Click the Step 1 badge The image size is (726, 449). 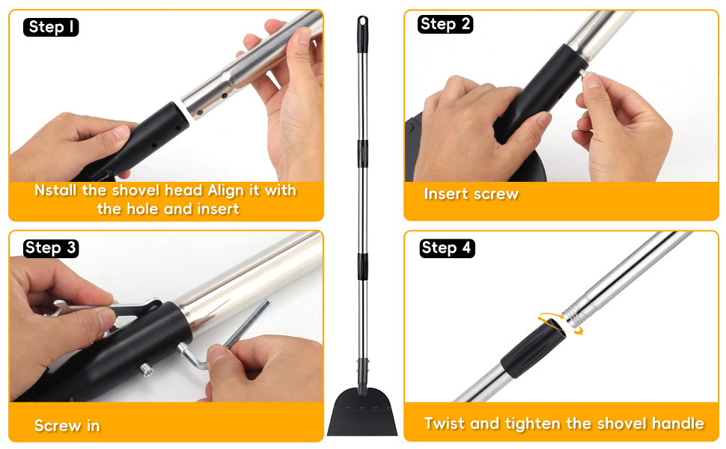click(x=51, y=27)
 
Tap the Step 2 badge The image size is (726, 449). click(x=445, y=24)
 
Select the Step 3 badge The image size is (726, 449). click(x=51, y=248)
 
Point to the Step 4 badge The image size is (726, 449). click(x=447, y=248)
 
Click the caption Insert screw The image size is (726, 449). click(x=471, y=194)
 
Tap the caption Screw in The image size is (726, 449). click(x=67, y=425)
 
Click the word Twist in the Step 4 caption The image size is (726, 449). click(x=445, y=424)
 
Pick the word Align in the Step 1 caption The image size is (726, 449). click(x=225, y=191)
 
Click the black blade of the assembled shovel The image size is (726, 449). click(x=362, y=412)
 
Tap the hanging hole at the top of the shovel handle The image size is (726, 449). click(x=362, y=22)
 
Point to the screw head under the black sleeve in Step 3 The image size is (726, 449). click(x=146, y=370)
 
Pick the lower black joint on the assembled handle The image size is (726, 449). click(x=362, y=266)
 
